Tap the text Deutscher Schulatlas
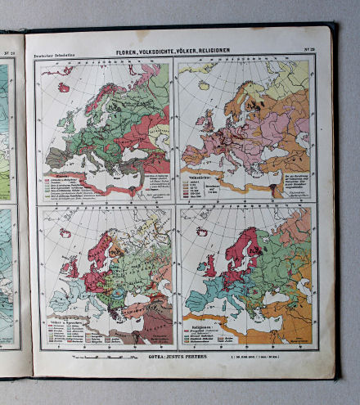pos(51,56)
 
